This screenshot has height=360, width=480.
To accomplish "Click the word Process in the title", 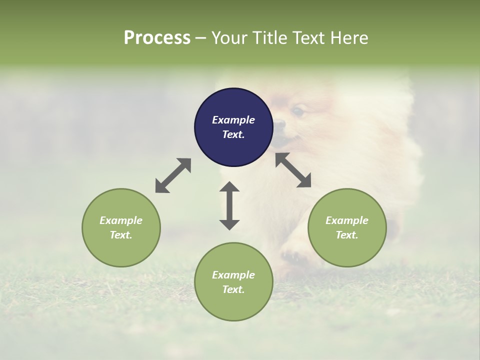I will pyautogui.click(x=157, y=38).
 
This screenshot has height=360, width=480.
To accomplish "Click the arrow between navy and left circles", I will pyautogui.click(x=173, y=175).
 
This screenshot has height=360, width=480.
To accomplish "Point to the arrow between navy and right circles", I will pyautogui.click(x=293, y=170).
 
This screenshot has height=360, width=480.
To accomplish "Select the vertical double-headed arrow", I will pyautogui.click(x=229, y=206).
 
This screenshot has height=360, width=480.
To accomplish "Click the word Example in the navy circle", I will pyautogui.click(x=233, y=120).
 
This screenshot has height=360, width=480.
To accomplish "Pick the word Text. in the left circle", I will pyautogui.click(x=121, y=235).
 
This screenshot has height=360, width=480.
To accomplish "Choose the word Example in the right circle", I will pyautogui.click(x=347, y=220).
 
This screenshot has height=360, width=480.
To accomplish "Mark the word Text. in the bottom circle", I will pyautogui.click(x=233, y=289).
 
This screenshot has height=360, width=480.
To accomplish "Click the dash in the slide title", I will pyautogui.click(x=201, y=38).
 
